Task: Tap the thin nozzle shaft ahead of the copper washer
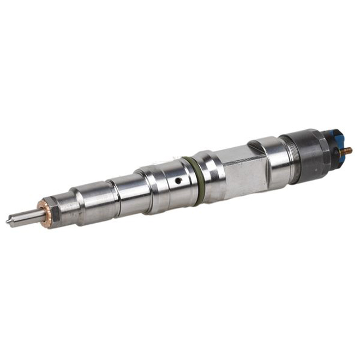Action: point(25,217)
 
